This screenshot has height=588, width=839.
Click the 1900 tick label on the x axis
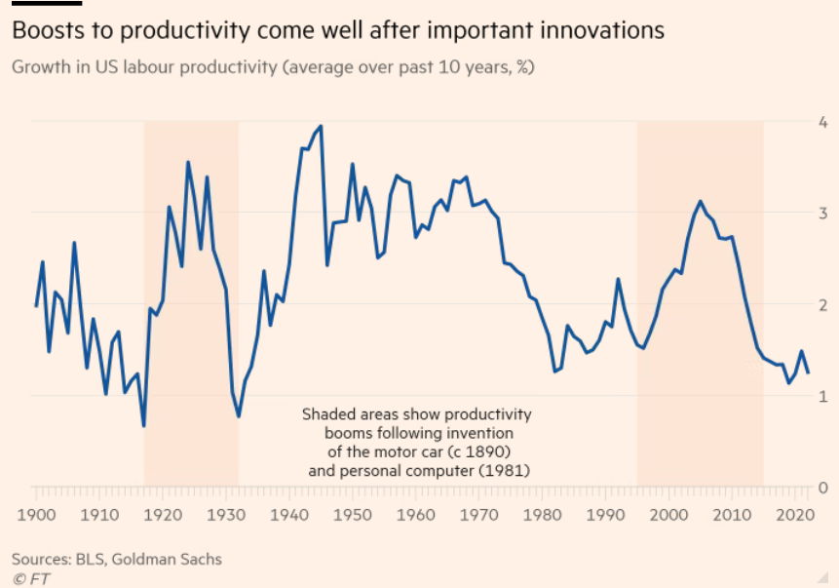click(x=36, y=514)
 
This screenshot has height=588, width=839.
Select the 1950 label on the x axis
click(x=352, y=514)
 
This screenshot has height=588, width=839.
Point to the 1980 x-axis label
click(x=541, y=514)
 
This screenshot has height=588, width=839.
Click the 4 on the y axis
click(x=823, y=122)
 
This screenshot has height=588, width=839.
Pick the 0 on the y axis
click(x=823, y=487)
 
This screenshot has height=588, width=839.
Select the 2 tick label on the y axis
click(x=823, y=304)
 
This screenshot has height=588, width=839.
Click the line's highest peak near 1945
click(x=321, y=126)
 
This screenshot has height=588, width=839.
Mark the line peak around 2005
click(x=700, y=201)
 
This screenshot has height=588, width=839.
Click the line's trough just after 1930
click(x=238, y=416)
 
